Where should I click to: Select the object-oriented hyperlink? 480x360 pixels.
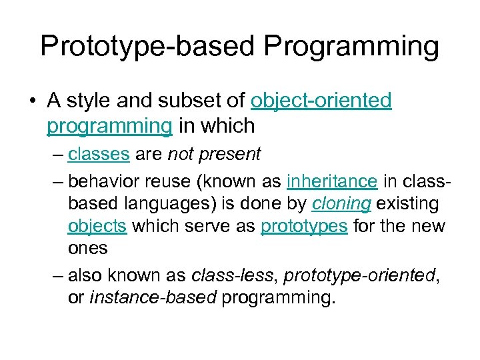(321, 101)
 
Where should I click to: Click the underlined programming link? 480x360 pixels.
(108, 125)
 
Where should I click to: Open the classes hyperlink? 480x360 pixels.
(99, 155)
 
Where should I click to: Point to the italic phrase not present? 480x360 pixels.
(214, 155)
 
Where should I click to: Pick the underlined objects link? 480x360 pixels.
(97, 225)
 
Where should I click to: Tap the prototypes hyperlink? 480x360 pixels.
(304, 225)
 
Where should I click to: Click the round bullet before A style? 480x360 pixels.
(33, 101)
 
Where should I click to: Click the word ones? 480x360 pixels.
(87, 248)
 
